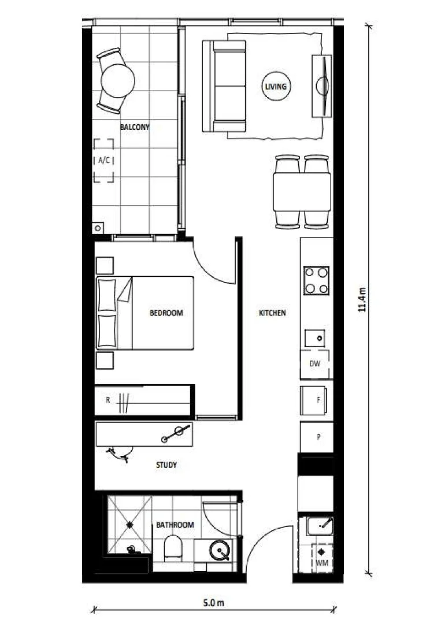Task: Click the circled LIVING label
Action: click(x=276, y=87)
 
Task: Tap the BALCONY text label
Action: click(x=135, y=127)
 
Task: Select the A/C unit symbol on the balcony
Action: click(x=104, y=161)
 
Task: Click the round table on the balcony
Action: click(x=118, y=80)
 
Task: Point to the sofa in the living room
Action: click(x=224, y=87)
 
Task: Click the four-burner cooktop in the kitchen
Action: click(x=316, y=280)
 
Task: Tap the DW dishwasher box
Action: click(x=315, y=364)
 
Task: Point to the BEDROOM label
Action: click(x=166, y=313)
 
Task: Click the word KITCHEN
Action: click(x=272, y=313)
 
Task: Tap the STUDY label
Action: click(x=166, y=465)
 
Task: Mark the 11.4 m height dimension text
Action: click(x=362, y=300)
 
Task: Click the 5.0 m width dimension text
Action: click(x=213, y=603)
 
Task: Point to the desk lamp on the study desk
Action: click(x=175, y=434)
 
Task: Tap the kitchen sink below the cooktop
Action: click(x=316, y=337)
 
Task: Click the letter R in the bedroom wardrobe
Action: click(x=108, y=400)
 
